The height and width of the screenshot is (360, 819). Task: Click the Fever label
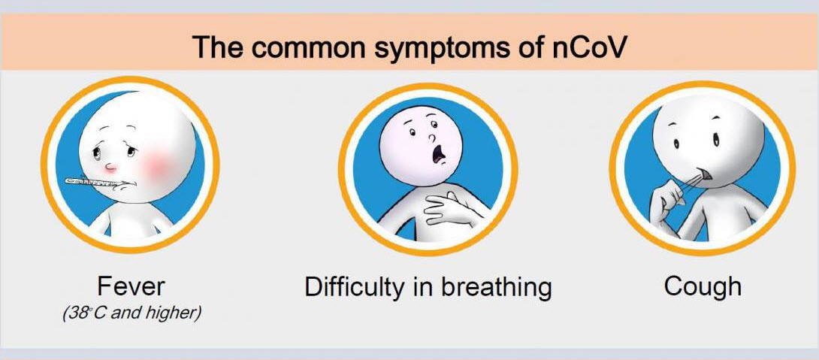(131, 286)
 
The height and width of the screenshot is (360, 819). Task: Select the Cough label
(703, 286)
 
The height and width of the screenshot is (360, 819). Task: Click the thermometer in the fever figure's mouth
(93, 183)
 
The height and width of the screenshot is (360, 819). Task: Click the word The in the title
(216, 47)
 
